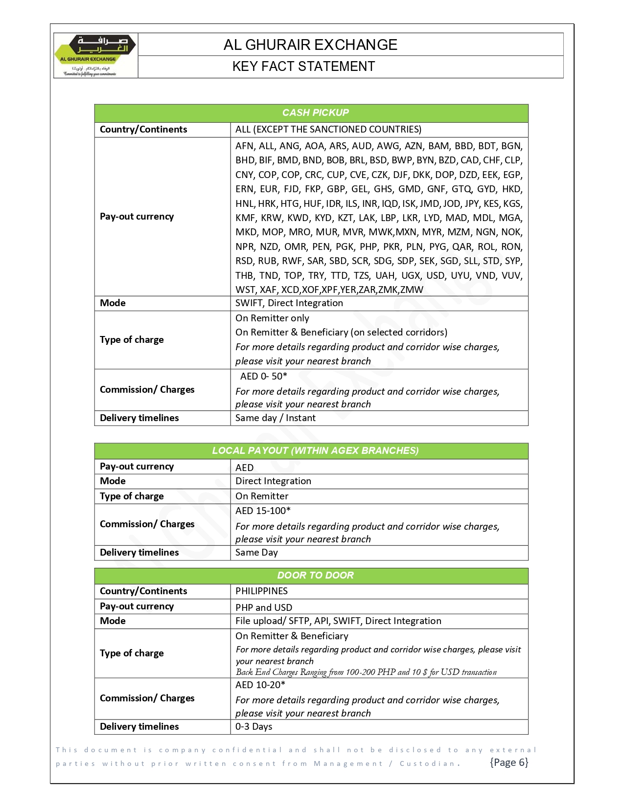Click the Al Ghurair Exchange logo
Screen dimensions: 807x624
96,55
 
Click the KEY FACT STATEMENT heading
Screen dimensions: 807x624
303,67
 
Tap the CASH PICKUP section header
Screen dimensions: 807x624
315,112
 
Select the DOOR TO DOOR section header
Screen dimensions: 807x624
315,575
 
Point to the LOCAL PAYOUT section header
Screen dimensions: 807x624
315,450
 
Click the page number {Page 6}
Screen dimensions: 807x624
509,762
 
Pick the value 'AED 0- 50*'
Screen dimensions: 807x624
263,376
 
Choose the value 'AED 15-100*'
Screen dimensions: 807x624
263,511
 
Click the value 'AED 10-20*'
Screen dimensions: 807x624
260,685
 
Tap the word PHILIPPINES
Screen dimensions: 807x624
261,591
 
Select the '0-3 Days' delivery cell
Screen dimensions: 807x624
254,726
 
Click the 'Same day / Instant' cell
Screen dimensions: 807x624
275,418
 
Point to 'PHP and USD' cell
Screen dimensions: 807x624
263,607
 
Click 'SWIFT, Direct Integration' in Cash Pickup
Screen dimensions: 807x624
289,303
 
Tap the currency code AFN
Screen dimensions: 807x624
244,146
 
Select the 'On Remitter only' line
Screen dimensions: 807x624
272,318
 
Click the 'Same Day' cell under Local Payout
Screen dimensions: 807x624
256,552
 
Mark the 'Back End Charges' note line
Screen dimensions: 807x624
366,672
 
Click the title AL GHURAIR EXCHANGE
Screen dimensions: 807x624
310,45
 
